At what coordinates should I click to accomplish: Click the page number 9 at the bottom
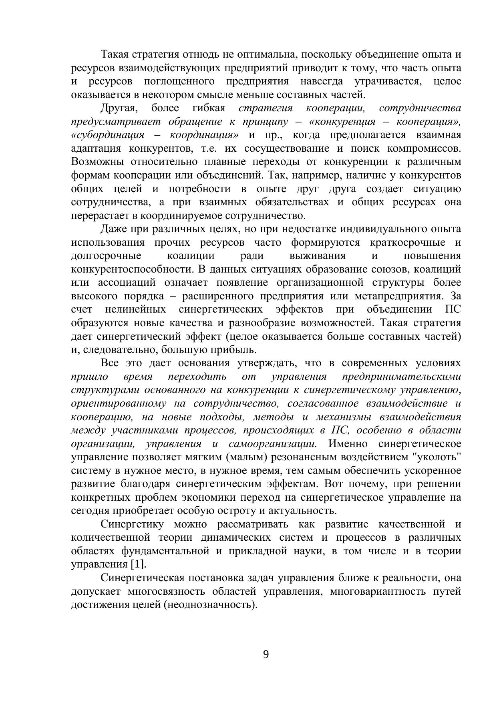click(x=266, y=655)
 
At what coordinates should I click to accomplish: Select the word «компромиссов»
click(x=424, y=148)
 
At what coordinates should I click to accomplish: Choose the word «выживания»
click(x=317, y=256)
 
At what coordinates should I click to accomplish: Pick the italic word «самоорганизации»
click(x=273, y=443)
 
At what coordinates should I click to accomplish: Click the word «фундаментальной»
click(x=165, y=551)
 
